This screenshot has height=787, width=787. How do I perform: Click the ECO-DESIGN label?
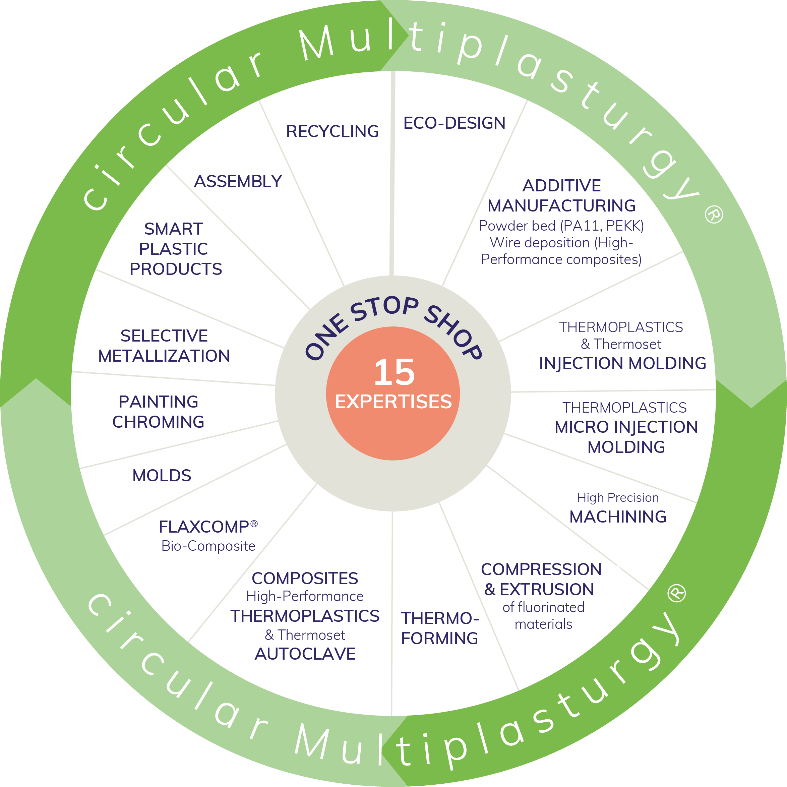pos(454,123)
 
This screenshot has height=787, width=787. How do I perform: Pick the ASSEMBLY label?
pos(238,181)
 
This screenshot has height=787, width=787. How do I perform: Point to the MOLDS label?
pos(162,475)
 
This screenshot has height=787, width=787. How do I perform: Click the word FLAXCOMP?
pos(204,527)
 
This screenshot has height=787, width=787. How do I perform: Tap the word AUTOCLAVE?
pos(305,654)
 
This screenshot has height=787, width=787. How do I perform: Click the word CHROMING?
pos(158,422)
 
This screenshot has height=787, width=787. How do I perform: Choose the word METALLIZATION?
pos(164,356)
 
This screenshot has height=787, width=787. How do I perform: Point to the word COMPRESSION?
pos(541,569)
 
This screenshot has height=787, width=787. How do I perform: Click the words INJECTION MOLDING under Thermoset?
pos(622,363)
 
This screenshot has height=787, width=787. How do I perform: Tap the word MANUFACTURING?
pos(561,206)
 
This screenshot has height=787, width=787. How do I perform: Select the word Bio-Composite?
pos(208,546)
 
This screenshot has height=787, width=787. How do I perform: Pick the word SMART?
pos(174,229)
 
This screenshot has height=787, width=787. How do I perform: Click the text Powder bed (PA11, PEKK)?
pos(561,226)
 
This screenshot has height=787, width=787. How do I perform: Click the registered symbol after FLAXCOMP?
pos(254,524)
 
